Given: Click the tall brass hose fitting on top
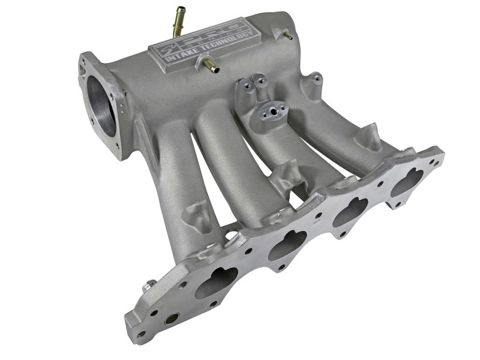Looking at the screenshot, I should point(179,16).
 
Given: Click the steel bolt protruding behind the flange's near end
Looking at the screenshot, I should point(146,287).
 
